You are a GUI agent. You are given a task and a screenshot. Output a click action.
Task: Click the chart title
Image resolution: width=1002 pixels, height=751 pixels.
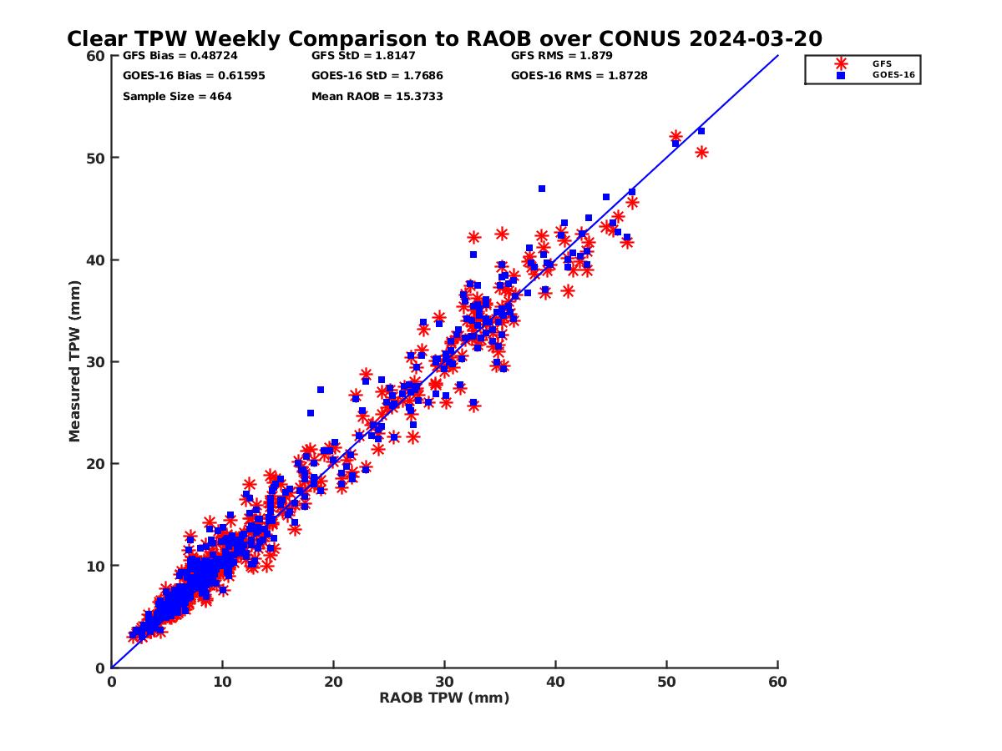click(x=444, y=38)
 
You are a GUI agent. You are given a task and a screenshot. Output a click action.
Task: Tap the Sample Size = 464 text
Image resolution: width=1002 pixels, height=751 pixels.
click(x=177, y=97)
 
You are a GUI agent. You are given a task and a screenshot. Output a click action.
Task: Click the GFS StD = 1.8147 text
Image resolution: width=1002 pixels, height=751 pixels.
click(x=366, y=56)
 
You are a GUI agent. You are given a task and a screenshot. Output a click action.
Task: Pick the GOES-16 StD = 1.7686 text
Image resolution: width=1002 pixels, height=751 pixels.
click(x=377, y=76)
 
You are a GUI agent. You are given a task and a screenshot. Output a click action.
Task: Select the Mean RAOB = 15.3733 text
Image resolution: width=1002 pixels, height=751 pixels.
click(x=377, y=97)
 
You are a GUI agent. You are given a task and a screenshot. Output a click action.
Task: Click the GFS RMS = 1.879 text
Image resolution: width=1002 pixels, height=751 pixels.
click(x=562, y=56)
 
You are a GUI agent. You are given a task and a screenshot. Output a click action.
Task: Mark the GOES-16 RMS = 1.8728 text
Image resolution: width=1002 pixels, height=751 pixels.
click(x=579, y=76)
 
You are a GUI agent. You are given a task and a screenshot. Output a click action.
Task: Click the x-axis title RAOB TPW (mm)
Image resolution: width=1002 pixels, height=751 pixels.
click(x=444, y=698)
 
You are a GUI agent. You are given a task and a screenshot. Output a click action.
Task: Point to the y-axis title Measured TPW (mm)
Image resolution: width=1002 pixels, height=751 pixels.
click(x=75, y=361)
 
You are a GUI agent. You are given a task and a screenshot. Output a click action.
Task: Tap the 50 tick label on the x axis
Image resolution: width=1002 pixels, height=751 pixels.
click(x=667, y=682)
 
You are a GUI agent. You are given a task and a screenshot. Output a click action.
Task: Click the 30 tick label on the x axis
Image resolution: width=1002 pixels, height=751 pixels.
click(x=445, y=682)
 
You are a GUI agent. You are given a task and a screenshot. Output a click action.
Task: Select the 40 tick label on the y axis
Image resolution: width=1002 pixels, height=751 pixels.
click(x=96, y=260)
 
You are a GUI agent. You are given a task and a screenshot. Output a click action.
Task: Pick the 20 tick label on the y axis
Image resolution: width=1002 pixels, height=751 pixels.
click(x=96, y=464)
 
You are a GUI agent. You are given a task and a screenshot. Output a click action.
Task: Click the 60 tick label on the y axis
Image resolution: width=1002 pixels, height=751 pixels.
click(x=96, y=56)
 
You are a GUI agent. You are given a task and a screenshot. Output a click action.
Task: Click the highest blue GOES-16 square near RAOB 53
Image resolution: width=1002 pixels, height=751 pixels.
click(x=701, y=131)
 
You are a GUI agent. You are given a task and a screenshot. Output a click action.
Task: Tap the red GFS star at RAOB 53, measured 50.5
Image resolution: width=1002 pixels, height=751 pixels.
click(x=701, y=152)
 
